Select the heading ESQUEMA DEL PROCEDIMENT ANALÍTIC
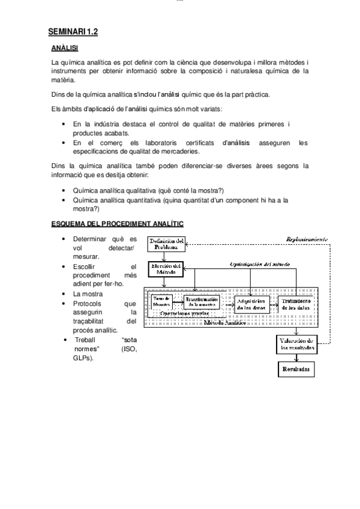coord(117,223)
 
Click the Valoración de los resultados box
coord(294,345)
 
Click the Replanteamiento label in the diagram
coord(306,238)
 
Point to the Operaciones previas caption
coord(184,313)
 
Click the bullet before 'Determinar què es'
coord(64,239)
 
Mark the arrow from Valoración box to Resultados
coord(294,357)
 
